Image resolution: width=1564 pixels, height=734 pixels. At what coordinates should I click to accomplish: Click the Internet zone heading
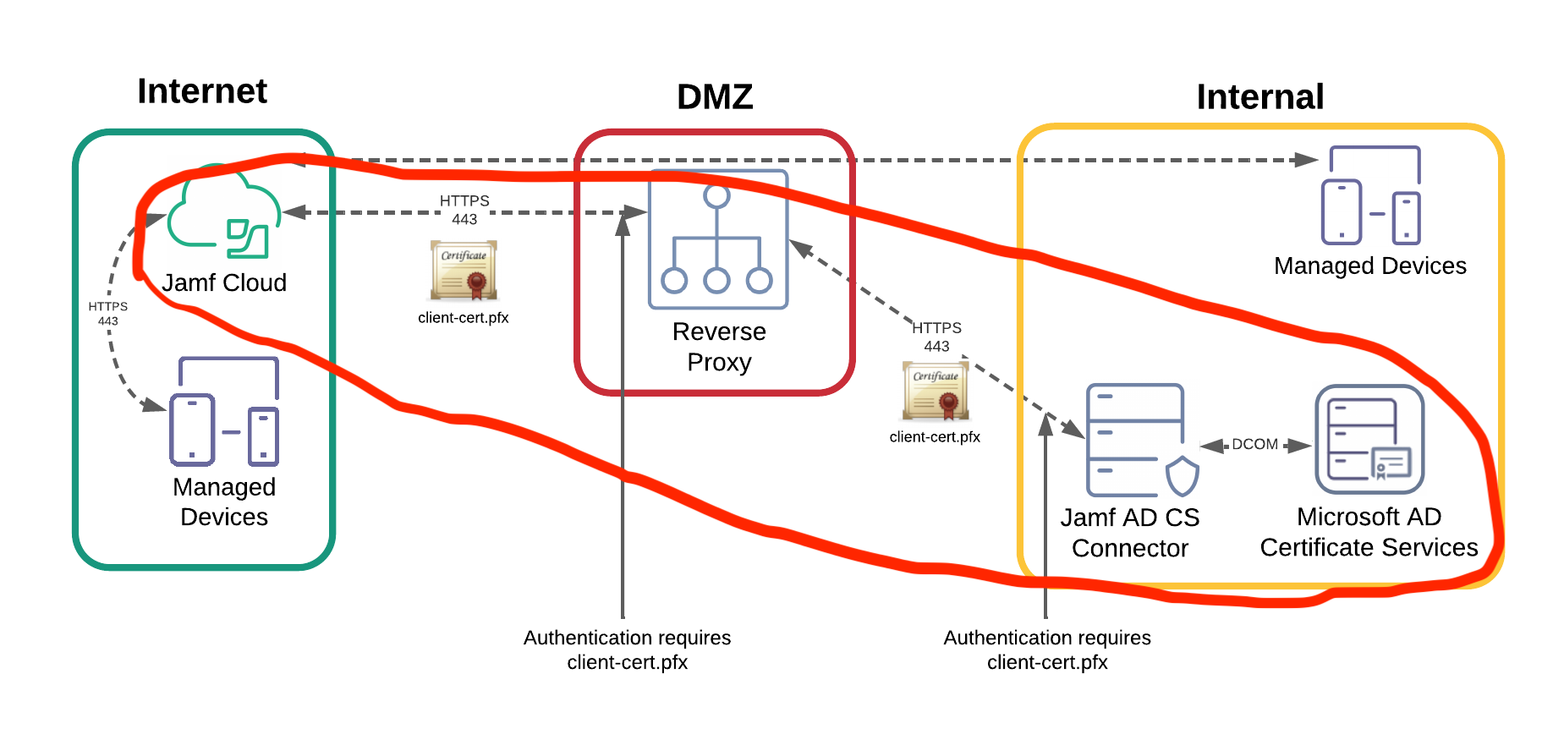click(202, 91)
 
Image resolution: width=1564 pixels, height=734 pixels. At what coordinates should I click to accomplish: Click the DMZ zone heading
click(715, 97)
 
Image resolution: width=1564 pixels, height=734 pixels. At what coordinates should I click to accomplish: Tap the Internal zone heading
click(1259, 97)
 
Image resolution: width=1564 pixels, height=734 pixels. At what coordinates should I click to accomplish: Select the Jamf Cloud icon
click(223, 215)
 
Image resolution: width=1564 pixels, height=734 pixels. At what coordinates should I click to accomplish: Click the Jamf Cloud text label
click(224, 282)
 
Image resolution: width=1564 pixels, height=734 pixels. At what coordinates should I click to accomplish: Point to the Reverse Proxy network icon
click(717, 239)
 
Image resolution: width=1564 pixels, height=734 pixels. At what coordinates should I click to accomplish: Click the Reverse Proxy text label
click(719, 347)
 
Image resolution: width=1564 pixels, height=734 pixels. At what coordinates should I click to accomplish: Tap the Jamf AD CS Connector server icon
click(1135, 440)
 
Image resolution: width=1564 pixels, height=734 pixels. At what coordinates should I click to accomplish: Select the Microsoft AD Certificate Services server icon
click(1369, 439)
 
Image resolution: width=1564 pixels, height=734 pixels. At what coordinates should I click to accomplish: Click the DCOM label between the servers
click(1254, 445)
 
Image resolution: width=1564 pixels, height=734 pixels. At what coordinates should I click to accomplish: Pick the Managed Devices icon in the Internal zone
click(1370, 196)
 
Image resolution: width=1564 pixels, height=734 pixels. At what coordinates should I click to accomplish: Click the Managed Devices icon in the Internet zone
click(225, 413)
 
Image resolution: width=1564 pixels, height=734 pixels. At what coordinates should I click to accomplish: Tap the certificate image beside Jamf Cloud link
click(464, 271)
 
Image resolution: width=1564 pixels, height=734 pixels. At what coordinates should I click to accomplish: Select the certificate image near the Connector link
click(936, 392)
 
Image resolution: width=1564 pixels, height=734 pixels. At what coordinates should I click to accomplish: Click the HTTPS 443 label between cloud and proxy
click(464, 210)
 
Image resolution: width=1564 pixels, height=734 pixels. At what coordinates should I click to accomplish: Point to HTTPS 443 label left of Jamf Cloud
click(107, 314)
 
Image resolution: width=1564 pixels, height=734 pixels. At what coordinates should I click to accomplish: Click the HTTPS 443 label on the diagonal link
click(936, 337)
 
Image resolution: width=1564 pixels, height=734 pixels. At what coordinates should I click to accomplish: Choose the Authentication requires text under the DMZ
click(627, 649)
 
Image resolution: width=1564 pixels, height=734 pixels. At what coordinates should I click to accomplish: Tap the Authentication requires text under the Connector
click(1047, 649)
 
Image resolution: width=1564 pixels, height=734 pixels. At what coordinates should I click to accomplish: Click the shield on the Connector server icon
click(1183, 477)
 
